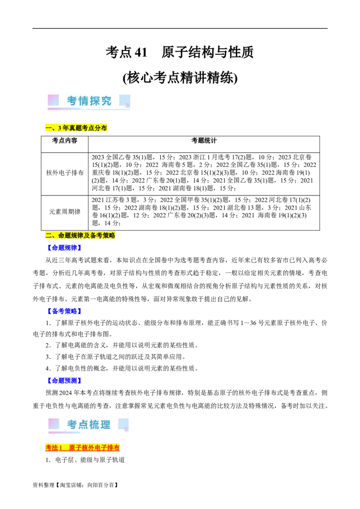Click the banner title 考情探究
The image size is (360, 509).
point(89,101)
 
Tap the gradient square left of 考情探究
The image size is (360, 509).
point(54,100)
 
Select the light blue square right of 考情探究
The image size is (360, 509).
point(124,100)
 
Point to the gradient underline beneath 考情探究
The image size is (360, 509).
point(89,109)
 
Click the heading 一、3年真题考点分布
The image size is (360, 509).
point(76,128)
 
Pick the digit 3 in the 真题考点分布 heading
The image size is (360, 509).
point(59,128)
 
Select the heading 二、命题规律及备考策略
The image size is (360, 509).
point(81,236)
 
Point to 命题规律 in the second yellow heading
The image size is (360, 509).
point(72,236)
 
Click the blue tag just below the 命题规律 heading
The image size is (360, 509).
point(64,247)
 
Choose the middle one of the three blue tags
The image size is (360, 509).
point(64,311)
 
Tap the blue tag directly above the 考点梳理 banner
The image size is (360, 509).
point(64,380)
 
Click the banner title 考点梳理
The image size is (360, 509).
point(89,424)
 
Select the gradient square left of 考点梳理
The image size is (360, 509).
point(54,424)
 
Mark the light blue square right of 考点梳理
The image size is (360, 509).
point(123,424)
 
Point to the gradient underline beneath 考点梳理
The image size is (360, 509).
point(64,433)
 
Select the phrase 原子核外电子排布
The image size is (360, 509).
point(94,448)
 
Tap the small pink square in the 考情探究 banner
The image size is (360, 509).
point(127,105)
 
